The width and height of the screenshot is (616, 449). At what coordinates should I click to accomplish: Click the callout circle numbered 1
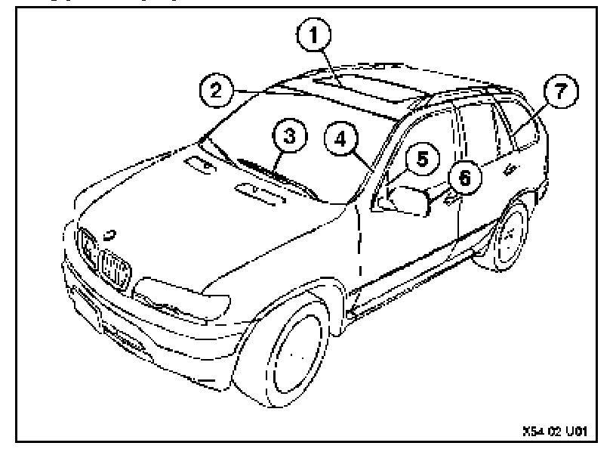point(317,33)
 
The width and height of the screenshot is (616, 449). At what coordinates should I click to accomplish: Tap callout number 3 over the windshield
point(287,138)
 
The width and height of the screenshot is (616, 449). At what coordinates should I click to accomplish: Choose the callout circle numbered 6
point(464,178)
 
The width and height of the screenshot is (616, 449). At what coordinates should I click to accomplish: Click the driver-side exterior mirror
point(408,200)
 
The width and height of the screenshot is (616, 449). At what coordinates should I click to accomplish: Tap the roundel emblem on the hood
point(111,232)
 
